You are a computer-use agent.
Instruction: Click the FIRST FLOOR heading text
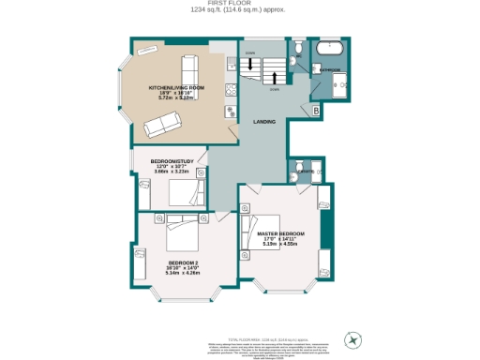click(239, 4)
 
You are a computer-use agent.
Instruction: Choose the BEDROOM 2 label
click(184, 262)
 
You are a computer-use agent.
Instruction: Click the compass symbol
click(354, 338)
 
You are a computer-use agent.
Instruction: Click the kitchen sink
click(230, 64)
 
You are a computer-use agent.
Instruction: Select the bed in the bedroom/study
click(185, 194)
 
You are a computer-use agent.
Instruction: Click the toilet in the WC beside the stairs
click(295, 47)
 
